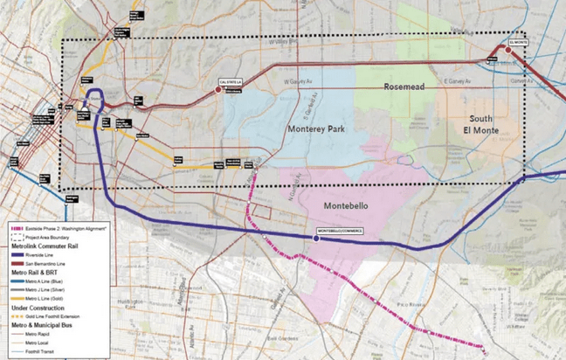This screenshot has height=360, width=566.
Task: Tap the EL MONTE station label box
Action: pyautogui.click(x=517, y=40)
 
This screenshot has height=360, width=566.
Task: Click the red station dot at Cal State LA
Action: pyautogui.click(x=218, y=88)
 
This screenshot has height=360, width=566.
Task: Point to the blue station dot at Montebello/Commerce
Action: pyautogui.click(x=316, y=237)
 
